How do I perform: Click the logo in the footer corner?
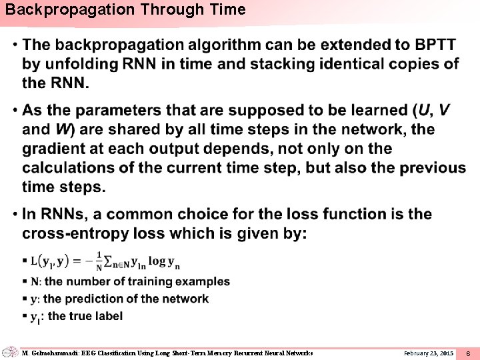(9, 352)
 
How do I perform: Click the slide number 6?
(468, 353)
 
